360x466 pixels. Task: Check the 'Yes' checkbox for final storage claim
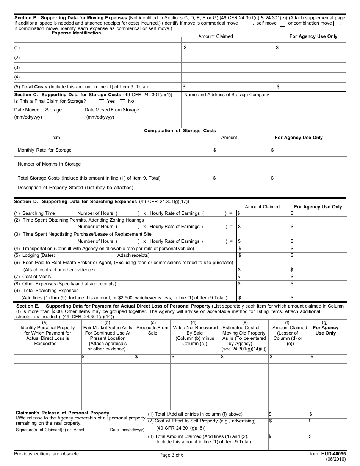101,102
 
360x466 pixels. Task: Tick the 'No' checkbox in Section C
122,102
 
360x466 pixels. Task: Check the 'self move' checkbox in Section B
282,23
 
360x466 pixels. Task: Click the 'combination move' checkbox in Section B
336,23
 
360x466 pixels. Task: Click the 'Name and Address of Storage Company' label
226,95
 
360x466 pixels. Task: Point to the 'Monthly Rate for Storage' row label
44,150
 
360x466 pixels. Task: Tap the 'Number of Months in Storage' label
49,164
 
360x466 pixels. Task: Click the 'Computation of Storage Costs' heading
180,131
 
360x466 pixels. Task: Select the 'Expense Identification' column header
76,33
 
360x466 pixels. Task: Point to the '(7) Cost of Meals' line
33,277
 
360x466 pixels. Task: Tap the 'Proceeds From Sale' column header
152,330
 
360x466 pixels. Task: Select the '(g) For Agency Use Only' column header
324,330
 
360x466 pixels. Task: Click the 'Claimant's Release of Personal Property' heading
62,413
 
